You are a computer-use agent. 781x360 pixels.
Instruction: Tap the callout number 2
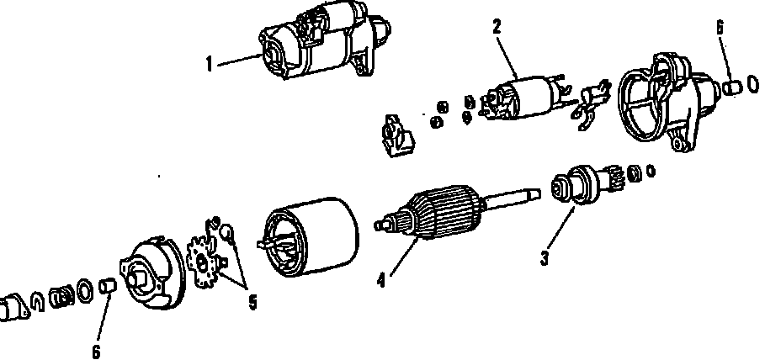[497, 27]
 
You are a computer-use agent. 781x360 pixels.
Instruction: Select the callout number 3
[545, 259]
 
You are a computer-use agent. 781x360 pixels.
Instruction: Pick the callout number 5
[252, 301]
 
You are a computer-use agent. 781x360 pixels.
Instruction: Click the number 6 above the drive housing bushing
[720, 28]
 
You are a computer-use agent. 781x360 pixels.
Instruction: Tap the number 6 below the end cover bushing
[95, 351]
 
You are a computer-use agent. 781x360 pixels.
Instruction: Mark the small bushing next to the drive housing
[731, 86]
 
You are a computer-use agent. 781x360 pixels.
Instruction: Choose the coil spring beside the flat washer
[61, 296]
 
